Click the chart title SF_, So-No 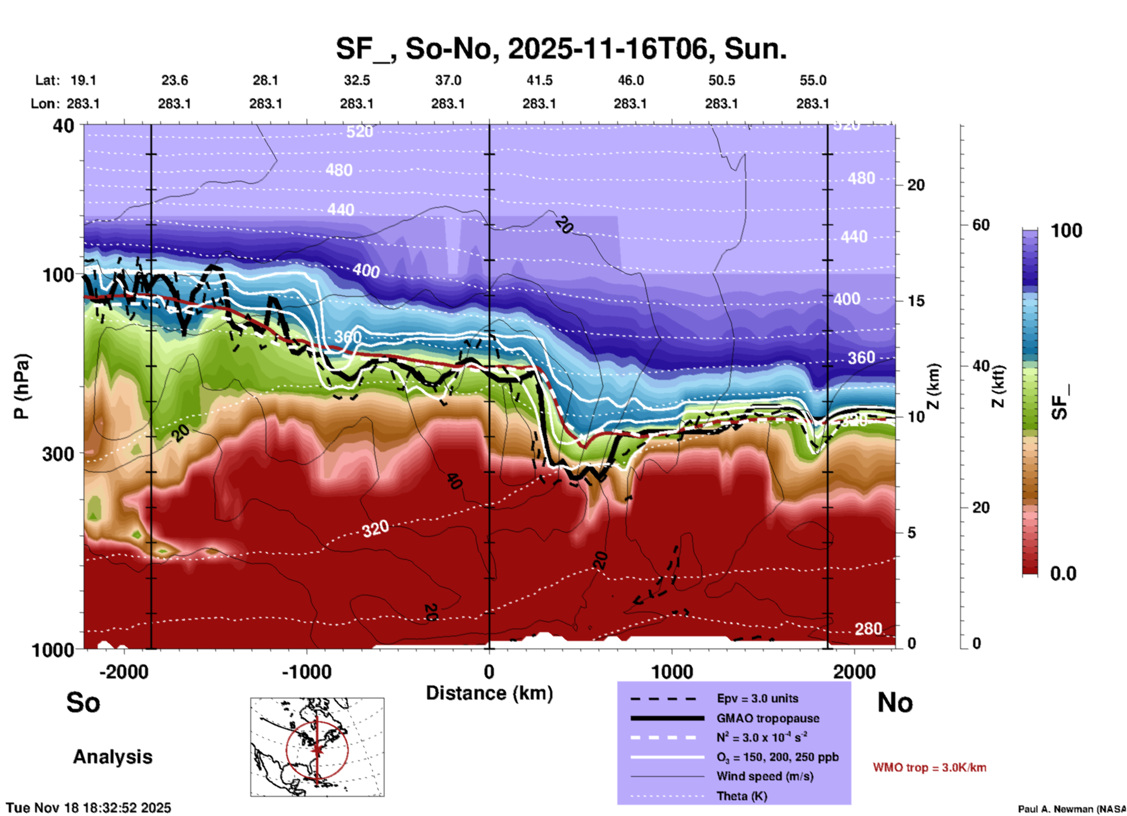(x=561, y=49)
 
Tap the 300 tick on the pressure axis (x=58, y=454)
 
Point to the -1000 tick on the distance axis (x=306, y=671)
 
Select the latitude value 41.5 (x=539, y=80)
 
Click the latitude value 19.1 (x=83, y=80)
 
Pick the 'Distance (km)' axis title (x=489, y=693)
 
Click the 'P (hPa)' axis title (x=21, y=386)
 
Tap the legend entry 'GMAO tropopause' (x=768, y=718)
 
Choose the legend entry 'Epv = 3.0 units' (x=757, y=698)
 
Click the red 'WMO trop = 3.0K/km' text (x=929, y=767)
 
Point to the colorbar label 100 (x=1066, y=231)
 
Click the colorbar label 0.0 (x=1063, y=574)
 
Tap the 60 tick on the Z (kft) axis (x=981, y=225)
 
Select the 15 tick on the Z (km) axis (x=916, y=301)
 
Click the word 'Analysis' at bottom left (x=112, y=757)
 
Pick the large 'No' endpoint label (x=895, y=702)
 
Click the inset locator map (x=317, y=746)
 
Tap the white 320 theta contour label (x=375, y=529)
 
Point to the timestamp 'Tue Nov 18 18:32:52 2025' (x=89, y=808)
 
